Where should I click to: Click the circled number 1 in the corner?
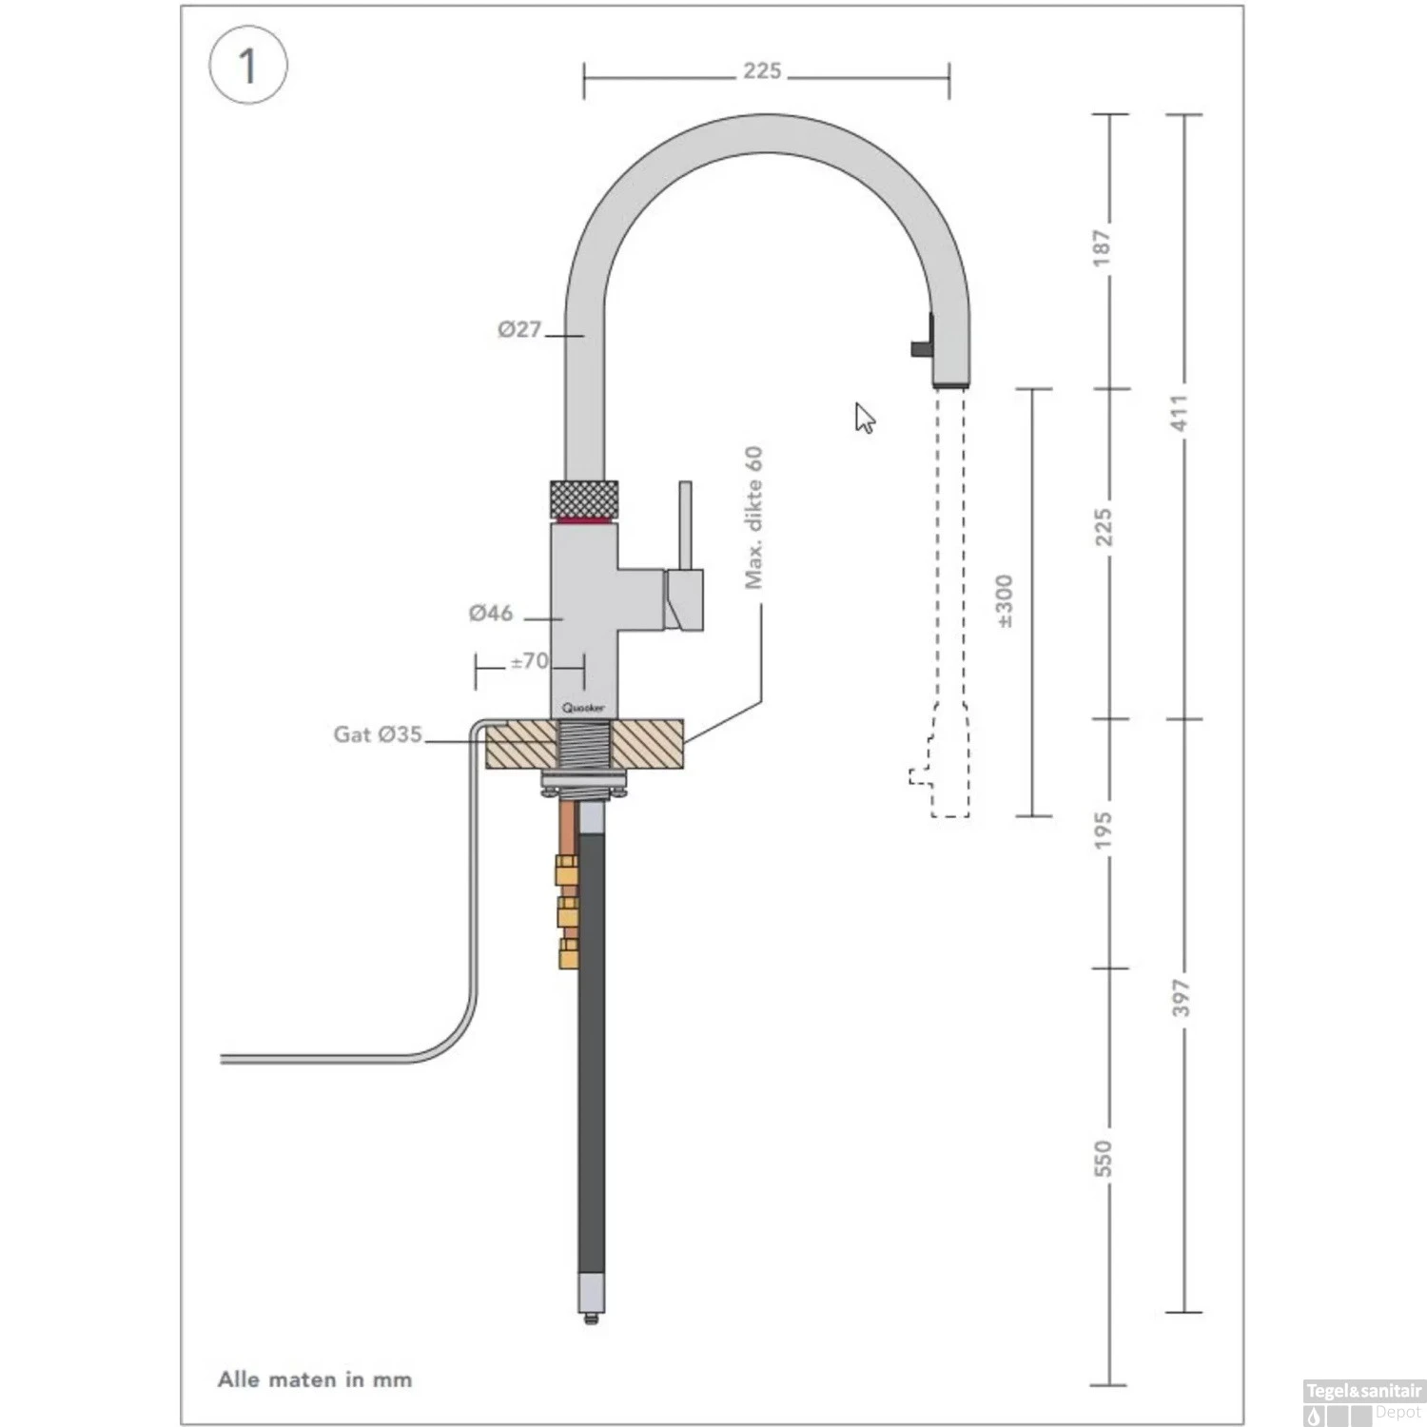coord(247,66)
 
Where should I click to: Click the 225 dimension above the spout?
coord(762,70)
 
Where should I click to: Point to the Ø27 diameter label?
coord(519,329)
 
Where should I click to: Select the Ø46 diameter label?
coord(491,613)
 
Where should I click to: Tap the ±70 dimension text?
coord(529,660)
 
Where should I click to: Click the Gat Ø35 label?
coord(378,733)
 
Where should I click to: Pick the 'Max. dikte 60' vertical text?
coord(753,518)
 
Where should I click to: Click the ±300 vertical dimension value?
coord(1005,601)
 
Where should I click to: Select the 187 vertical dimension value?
coord(1102,247)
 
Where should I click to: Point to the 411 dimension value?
coord(1180,412)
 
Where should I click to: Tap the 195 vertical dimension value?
coord(1102,831)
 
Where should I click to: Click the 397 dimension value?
coord(1181,997)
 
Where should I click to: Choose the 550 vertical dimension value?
coord(1102,1158)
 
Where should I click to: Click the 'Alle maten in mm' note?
coord(315,1379)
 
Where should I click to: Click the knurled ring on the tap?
coord(584,499)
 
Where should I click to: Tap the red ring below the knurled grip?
coord(584,521)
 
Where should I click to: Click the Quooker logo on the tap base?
coord(583,708)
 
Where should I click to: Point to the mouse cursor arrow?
coord(864,418)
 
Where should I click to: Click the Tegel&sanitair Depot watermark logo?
coord(1363,1402)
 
